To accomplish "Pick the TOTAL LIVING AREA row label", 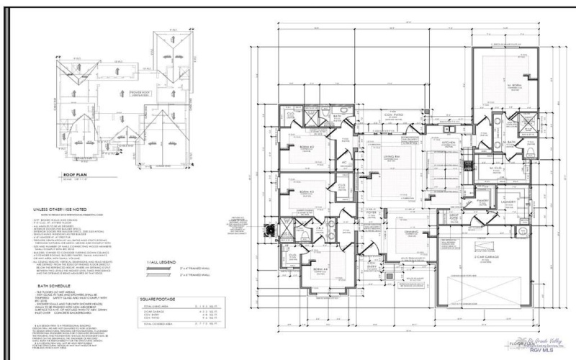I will pyautogui.click(x=165, y=307).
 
